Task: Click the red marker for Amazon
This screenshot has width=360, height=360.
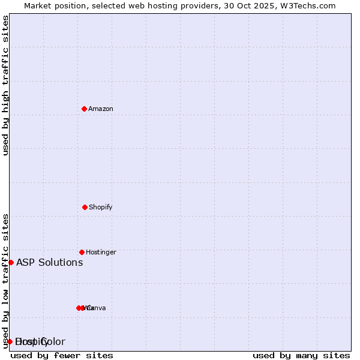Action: (x=85, y=109)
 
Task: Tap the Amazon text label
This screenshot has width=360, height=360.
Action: (x=101, y=109)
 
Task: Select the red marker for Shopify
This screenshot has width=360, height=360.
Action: (x=85, y=207)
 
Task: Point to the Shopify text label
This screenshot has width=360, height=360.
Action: (x=101, y=207)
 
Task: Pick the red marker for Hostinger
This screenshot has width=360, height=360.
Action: (x=82, y=252)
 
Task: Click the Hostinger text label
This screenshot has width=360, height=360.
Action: (x=101, y=252)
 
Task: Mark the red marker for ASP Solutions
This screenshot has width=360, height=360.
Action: (x=11, y=262)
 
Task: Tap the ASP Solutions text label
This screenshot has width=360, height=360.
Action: (x=50, y=262)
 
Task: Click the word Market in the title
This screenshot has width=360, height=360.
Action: (x=38, y=6)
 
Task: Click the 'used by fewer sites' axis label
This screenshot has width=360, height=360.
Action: (x=62, y=355)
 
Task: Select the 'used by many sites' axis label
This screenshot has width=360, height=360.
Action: (x=301, y=355)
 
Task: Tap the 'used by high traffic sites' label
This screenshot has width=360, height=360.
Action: (x=5, y=85)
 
